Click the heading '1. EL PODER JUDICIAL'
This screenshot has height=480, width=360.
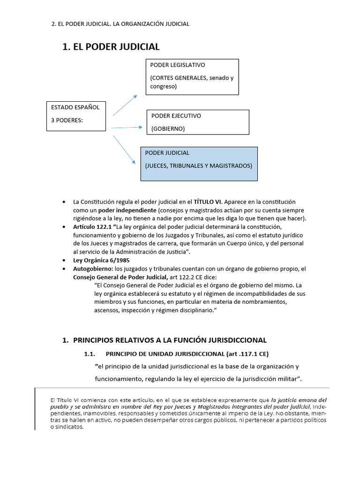pyautogui.click(x=111, y=46)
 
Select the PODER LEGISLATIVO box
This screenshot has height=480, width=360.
pyautogui.click(x=192, y=76)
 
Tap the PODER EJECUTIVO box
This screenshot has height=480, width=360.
pyautogui.click(x=198, y=122)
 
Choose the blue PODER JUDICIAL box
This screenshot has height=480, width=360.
pyautogui.click(x=199, y=164)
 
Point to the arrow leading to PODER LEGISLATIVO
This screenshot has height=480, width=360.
pyautogui.click(x=125, y=105)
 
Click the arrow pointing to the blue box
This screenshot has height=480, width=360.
pyautogui.click(x=124, y=149)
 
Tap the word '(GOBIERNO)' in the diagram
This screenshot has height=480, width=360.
pyautogui.click(x=168, y=128)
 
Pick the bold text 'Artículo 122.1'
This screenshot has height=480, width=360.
pyautogui.click(x=92, y=227)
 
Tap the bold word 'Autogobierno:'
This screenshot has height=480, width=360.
pyautogui.click(x=93, y=269)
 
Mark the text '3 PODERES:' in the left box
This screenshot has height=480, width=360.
pyautogui.click(x=67, y=120)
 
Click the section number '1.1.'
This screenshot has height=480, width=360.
pyautogui.click(x=90, y=353)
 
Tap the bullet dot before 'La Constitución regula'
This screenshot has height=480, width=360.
pyautogui.click(x=63, y=202)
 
